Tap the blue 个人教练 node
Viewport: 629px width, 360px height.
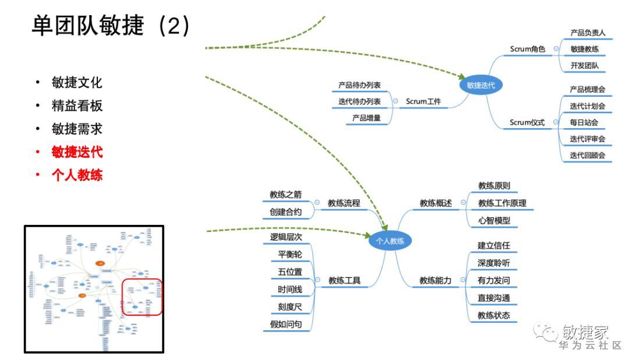click(x=390, y=240)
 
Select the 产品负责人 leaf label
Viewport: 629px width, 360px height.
click(x=588, y=33)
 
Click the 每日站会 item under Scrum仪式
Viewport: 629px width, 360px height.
click(x=584, y=123)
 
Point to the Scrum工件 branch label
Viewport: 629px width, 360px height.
click(x=423, y=101)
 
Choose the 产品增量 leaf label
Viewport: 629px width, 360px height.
click(x=366, y=118)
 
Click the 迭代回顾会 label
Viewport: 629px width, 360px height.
click(x=588, y=156)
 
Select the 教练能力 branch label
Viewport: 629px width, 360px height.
click(x=436, y=280)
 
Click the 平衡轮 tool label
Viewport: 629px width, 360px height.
click(x=290, y=255)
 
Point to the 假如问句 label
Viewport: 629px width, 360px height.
click(x=286, y=324)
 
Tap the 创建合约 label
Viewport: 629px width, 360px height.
click(x=285, y=212)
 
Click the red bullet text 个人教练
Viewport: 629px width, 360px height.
click(x=77, y=175)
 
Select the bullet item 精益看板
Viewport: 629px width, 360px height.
click(x=77, y=105)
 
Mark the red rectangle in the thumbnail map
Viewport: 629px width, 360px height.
click(x=142, y=297)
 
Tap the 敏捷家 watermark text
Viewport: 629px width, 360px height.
click(x=585, y=332)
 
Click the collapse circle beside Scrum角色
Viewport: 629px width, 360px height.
click(x=556, y=49)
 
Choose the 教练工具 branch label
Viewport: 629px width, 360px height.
click(x=344, y=280)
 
